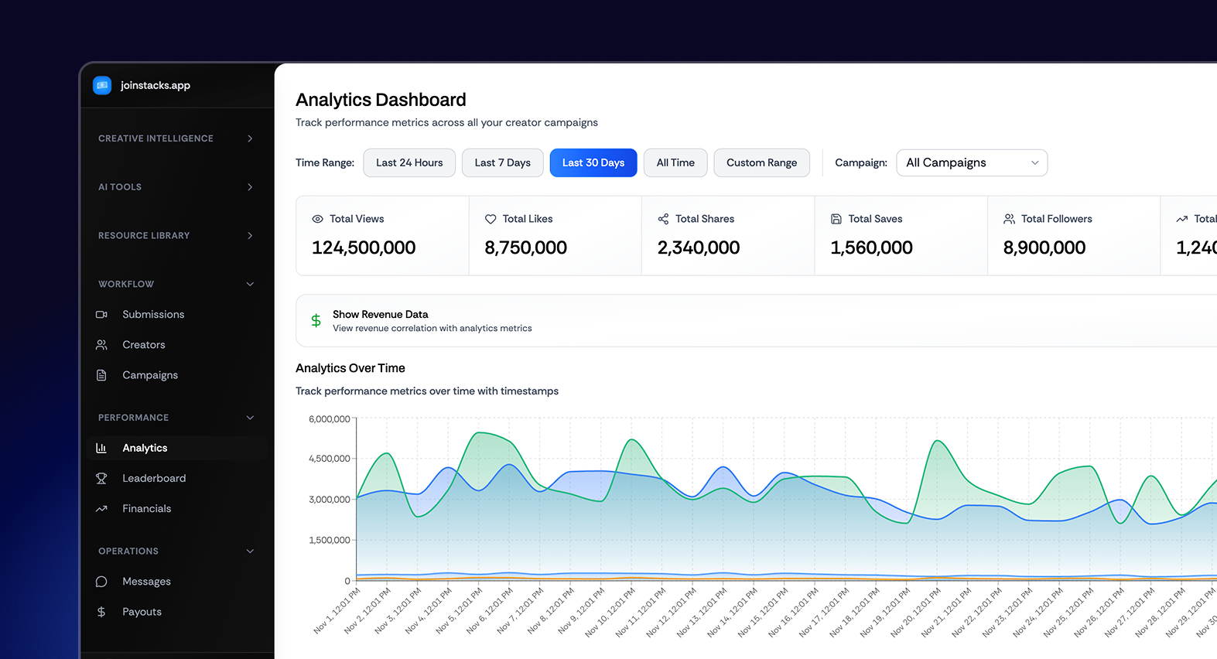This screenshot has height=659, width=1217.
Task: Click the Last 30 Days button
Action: click(593, 162)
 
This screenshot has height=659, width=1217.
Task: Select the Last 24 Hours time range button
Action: click(409, 162)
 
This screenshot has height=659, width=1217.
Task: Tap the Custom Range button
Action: click(761, 162)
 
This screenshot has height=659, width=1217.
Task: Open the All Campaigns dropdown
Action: click(971, 162)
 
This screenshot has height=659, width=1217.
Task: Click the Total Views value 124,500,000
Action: click(364, 248)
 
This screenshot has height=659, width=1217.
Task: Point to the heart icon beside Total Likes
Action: click(491, 219)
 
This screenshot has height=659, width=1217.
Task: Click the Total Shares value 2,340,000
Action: click(698, 248)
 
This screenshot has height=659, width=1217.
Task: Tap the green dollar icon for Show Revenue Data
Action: click(316, 320)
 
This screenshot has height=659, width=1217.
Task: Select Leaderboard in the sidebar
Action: click(154, 478)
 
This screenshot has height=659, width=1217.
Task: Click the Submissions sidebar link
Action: click(153, 314)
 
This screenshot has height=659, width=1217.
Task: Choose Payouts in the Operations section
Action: click(142, 611)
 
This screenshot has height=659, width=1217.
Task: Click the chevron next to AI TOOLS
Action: click(250, 187)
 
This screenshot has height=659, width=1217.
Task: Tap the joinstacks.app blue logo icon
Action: click(102, 85)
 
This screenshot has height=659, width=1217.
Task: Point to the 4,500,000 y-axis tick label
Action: click(329, 459)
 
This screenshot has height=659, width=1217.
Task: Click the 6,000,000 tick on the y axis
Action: click(329, 419)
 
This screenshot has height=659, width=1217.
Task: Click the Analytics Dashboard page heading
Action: click(381, 100)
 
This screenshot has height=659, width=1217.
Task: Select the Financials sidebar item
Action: click(146, 508)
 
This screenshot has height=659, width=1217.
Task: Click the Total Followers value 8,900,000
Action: click(1044, 248)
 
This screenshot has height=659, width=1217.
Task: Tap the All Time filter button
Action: click(675, 162)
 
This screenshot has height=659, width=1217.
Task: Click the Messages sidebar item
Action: click(146, 581)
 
